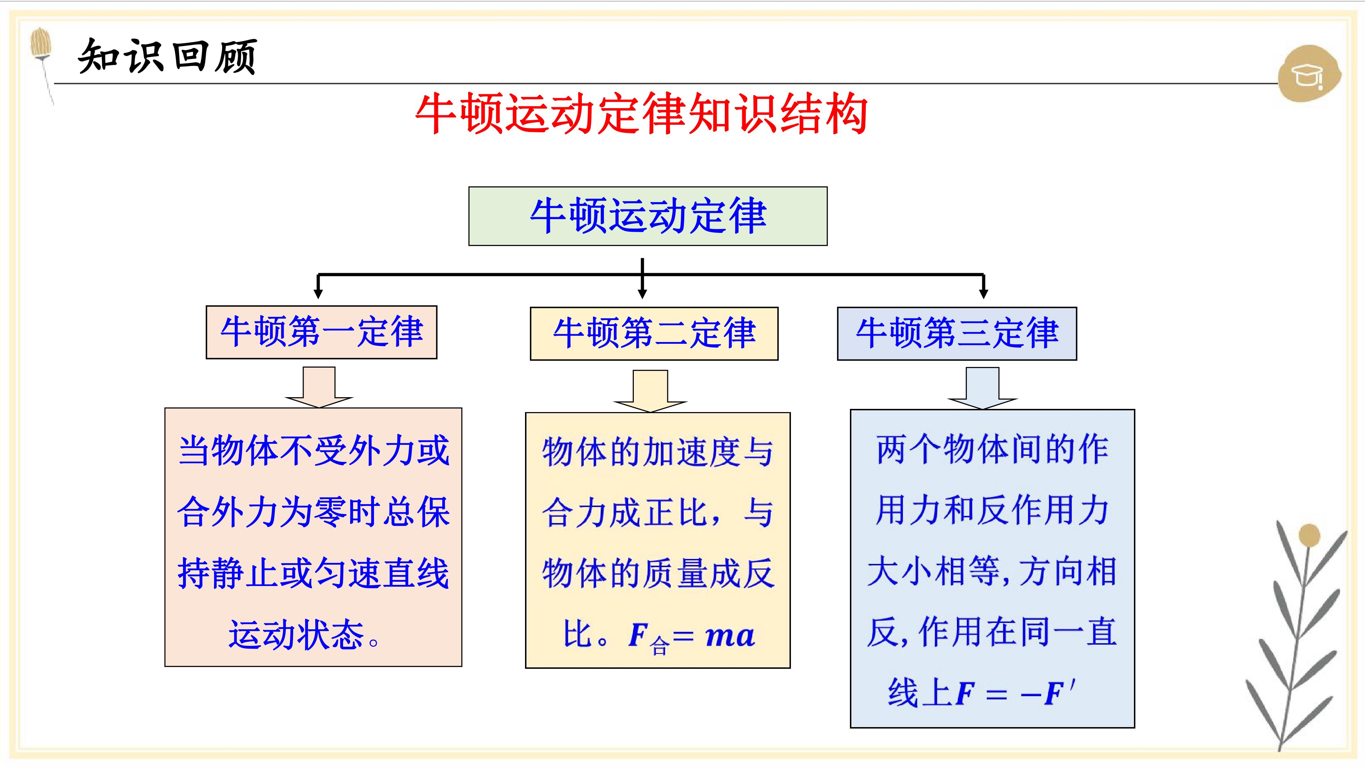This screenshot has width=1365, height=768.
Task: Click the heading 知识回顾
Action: coord(167,56)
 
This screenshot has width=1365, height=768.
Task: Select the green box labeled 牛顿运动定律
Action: coord(648,216)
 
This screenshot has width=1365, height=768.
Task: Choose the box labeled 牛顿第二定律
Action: coord(654,334)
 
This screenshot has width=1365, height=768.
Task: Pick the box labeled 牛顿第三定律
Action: coord(957,334)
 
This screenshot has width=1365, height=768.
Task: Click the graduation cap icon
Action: coord(1309,74)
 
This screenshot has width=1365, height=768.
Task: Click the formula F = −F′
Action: coord(1015,693)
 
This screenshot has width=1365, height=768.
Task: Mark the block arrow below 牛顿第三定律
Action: coord(983,388)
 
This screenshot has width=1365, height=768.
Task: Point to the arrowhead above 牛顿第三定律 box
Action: coord(984,293)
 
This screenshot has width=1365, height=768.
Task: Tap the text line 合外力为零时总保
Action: coord(313,512)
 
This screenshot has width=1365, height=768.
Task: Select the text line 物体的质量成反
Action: coord(658,574)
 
